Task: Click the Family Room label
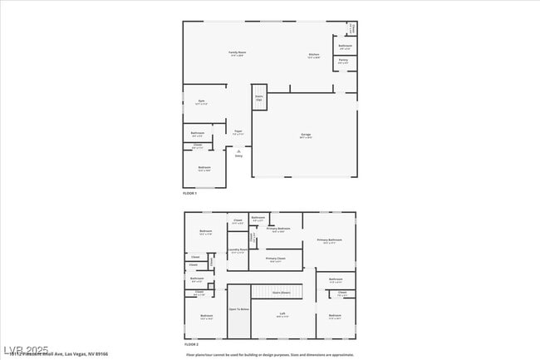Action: tap(237, 53)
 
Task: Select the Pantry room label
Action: tap(343, 61)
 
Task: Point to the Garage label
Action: tap(305, 135)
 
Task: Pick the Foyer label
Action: tap(238, 131)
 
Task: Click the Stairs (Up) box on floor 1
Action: tap(259, 97)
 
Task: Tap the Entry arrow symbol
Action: tap(238, 151)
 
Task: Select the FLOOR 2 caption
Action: tap(192, 343)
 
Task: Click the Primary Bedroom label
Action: tap(278, 229)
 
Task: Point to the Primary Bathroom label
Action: tap(328, 241)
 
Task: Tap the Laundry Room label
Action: tap(237, 250)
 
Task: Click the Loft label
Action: tap(282, 314)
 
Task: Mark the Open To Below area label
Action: tap(239, 309)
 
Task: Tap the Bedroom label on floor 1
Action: tap(204, 169)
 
